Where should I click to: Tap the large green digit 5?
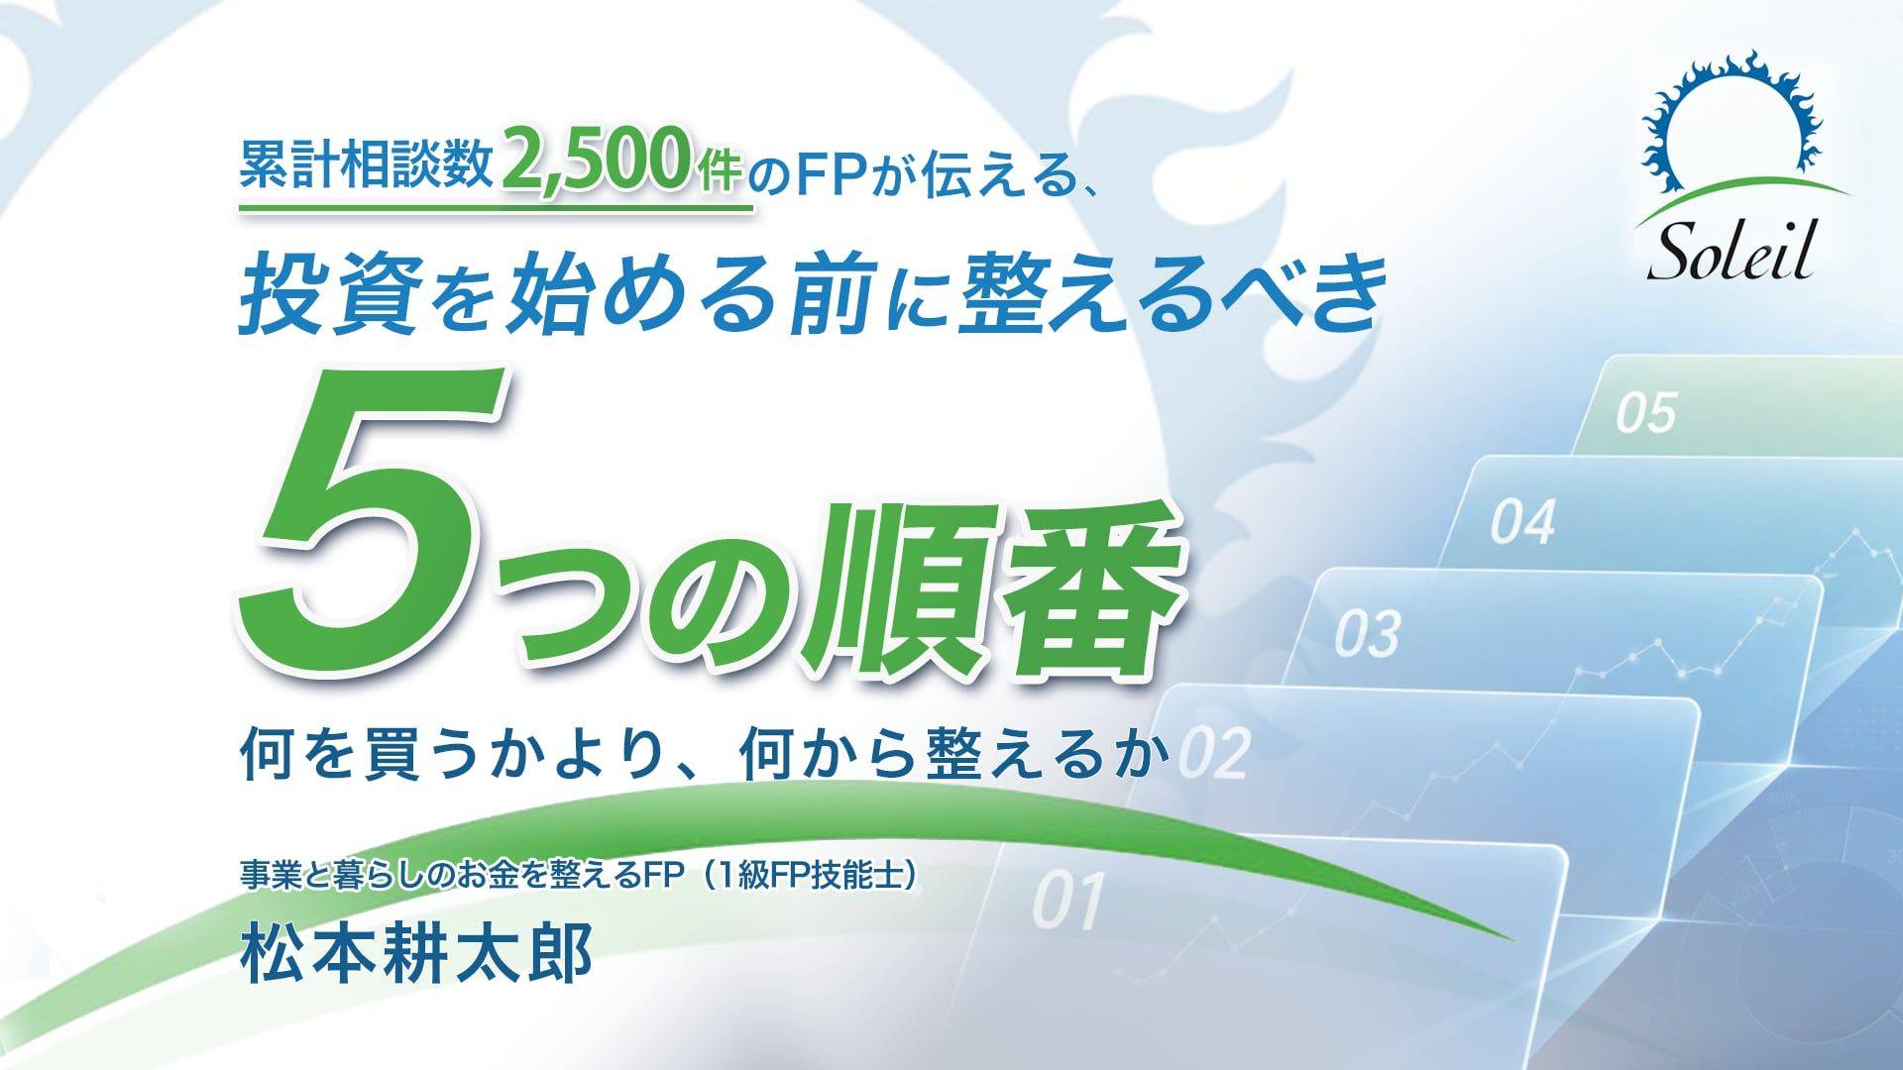click(x=372, y=519)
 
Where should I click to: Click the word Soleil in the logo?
click(x=1731, y=254)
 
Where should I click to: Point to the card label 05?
click(x=1646, y=412)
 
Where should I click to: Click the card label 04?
click(x=1523, y=522)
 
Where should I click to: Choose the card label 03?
click(x=1368, y=634)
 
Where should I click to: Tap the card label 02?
click(x=1215, y=754)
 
